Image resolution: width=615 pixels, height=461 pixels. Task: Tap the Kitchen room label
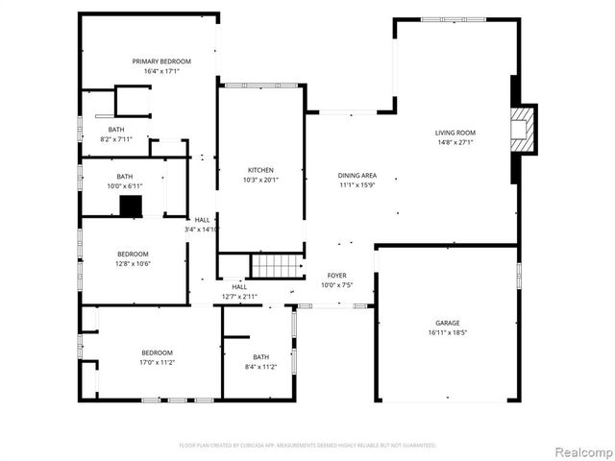(259, 169)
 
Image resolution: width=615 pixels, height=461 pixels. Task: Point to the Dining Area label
(357, 175)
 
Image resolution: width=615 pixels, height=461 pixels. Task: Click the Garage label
(447, 323)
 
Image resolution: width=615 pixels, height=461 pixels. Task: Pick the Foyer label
(336, 275)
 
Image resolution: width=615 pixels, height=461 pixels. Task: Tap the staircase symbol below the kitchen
(277, 266)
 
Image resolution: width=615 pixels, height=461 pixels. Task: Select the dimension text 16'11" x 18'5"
(447, 332)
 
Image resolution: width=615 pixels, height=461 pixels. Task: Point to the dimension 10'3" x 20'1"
(259, 180)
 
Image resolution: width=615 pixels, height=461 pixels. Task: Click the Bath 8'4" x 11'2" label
(260, 356)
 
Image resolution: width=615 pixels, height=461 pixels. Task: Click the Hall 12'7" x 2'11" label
(239, 286)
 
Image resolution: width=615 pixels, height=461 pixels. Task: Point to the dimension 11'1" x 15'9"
(357, 184)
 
